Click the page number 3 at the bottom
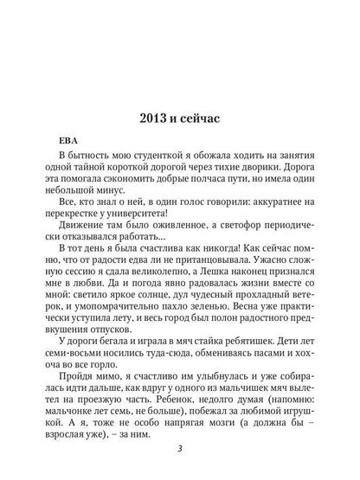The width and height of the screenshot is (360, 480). pos(178,447)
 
